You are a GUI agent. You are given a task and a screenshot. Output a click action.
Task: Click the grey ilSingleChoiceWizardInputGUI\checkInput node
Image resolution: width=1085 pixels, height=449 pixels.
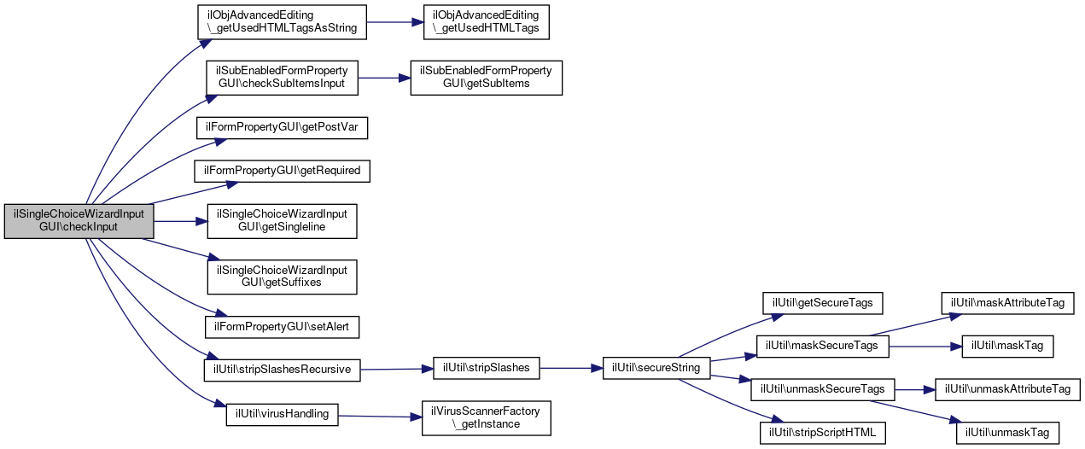coord(79,221)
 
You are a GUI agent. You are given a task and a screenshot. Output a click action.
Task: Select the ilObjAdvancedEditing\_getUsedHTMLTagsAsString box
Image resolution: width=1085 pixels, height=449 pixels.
coord(282,22)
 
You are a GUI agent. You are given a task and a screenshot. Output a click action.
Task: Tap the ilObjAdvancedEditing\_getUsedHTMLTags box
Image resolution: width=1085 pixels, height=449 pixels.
coord(487,22)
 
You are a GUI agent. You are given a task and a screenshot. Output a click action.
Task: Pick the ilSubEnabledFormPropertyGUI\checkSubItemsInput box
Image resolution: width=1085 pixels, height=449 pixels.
coord(282,78)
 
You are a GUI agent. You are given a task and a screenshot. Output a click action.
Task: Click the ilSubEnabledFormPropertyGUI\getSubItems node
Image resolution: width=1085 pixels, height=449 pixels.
coord(487,78)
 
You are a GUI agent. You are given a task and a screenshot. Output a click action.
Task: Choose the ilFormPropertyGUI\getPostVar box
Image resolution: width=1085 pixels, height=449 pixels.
coord(282,128)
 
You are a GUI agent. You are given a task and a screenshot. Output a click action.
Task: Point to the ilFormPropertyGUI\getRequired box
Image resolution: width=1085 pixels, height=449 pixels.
coord(282,172)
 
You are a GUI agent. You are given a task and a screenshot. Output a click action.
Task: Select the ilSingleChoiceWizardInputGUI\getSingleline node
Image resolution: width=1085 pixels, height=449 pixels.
coord(282,221)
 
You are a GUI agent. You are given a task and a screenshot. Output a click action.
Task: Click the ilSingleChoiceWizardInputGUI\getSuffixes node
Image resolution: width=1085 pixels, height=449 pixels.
coord(282,277)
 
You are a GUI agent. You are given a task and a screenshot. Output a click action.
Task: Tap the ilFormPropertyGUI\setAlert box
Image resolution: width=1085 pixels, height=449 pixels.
coord(282,328)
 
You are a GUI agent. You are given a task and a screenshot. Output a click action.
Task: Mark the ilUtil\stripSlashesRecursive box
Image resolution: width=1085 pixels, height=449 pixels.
coord(282,370)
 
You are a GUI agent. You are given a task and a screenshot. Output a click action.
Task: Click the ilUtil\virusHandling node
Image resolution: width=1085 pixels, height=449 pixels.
coord(282,415)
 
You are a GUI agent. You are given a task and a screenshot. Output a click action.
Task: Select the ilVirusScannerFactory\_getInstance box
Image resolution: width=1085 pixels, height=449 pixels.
coord(487,418)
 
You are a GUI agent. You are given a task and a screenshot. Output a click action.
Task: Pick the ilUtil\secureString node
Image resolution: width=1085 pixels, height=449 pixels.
coord(656,368)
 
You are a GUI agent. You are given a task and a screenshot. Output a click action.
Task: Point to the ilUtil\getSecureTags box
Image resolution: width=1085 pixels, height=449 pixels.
coord(822,303)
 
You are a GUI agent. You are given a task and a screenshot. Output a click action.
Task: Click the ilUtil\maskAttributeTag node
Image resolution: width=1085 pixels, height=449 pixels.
coord(1007,303)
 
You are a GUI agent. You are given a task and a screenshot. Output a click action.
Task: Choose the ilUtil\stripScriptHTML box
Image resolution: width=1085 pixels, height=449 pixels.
coord(822,433)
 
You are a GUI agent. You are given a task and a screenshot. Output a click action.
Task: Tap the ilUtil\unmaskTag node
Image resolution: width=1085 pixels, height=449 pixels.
coord(1007,433)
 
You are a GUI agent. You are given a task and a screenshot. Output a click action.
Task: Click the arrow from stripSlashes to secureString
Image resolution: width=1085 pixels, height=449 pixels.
coord(571,368)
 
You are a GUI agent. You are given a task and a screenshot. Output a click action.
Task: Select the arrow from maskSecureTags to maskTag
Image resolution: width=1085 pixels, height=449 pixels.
coord(925,347)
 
